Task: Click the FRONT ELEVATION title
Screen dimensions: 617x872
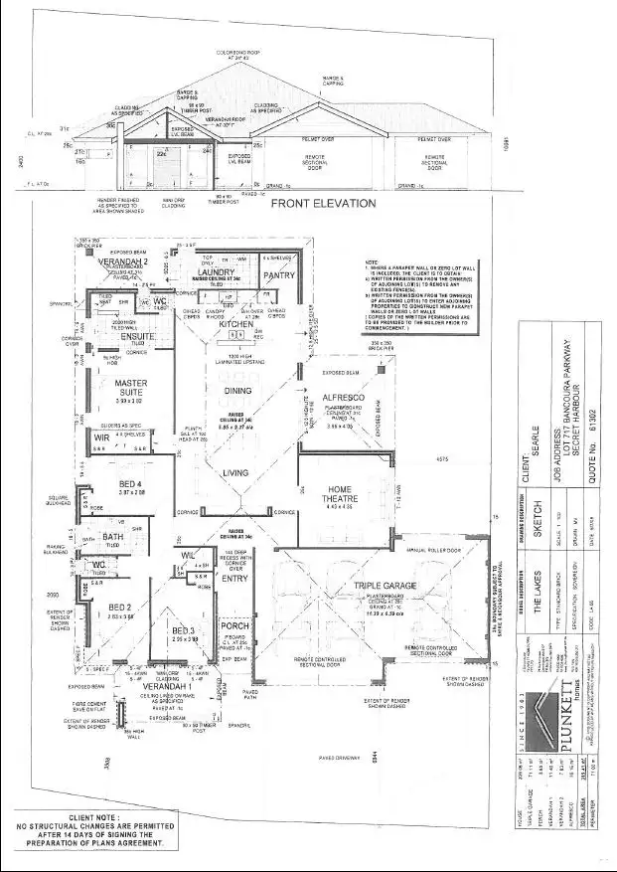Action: pyautogui.click(x=324, y=203)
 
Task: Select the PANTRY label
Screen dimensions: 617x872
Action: pyautogui.click(x=280, y=274)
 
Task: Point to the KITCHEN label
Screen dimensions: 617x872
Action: pyautogui.click(x=236, y=324)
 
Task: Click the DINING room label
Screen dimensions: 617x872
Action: pyautogui.click(x=237, y=391)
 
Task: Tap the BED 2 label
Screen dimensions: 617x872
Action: pyautogui.click(x=120, y=607)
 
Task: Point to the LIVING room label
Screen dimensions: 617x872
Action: pyautogui.click(x=235, y=473)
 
